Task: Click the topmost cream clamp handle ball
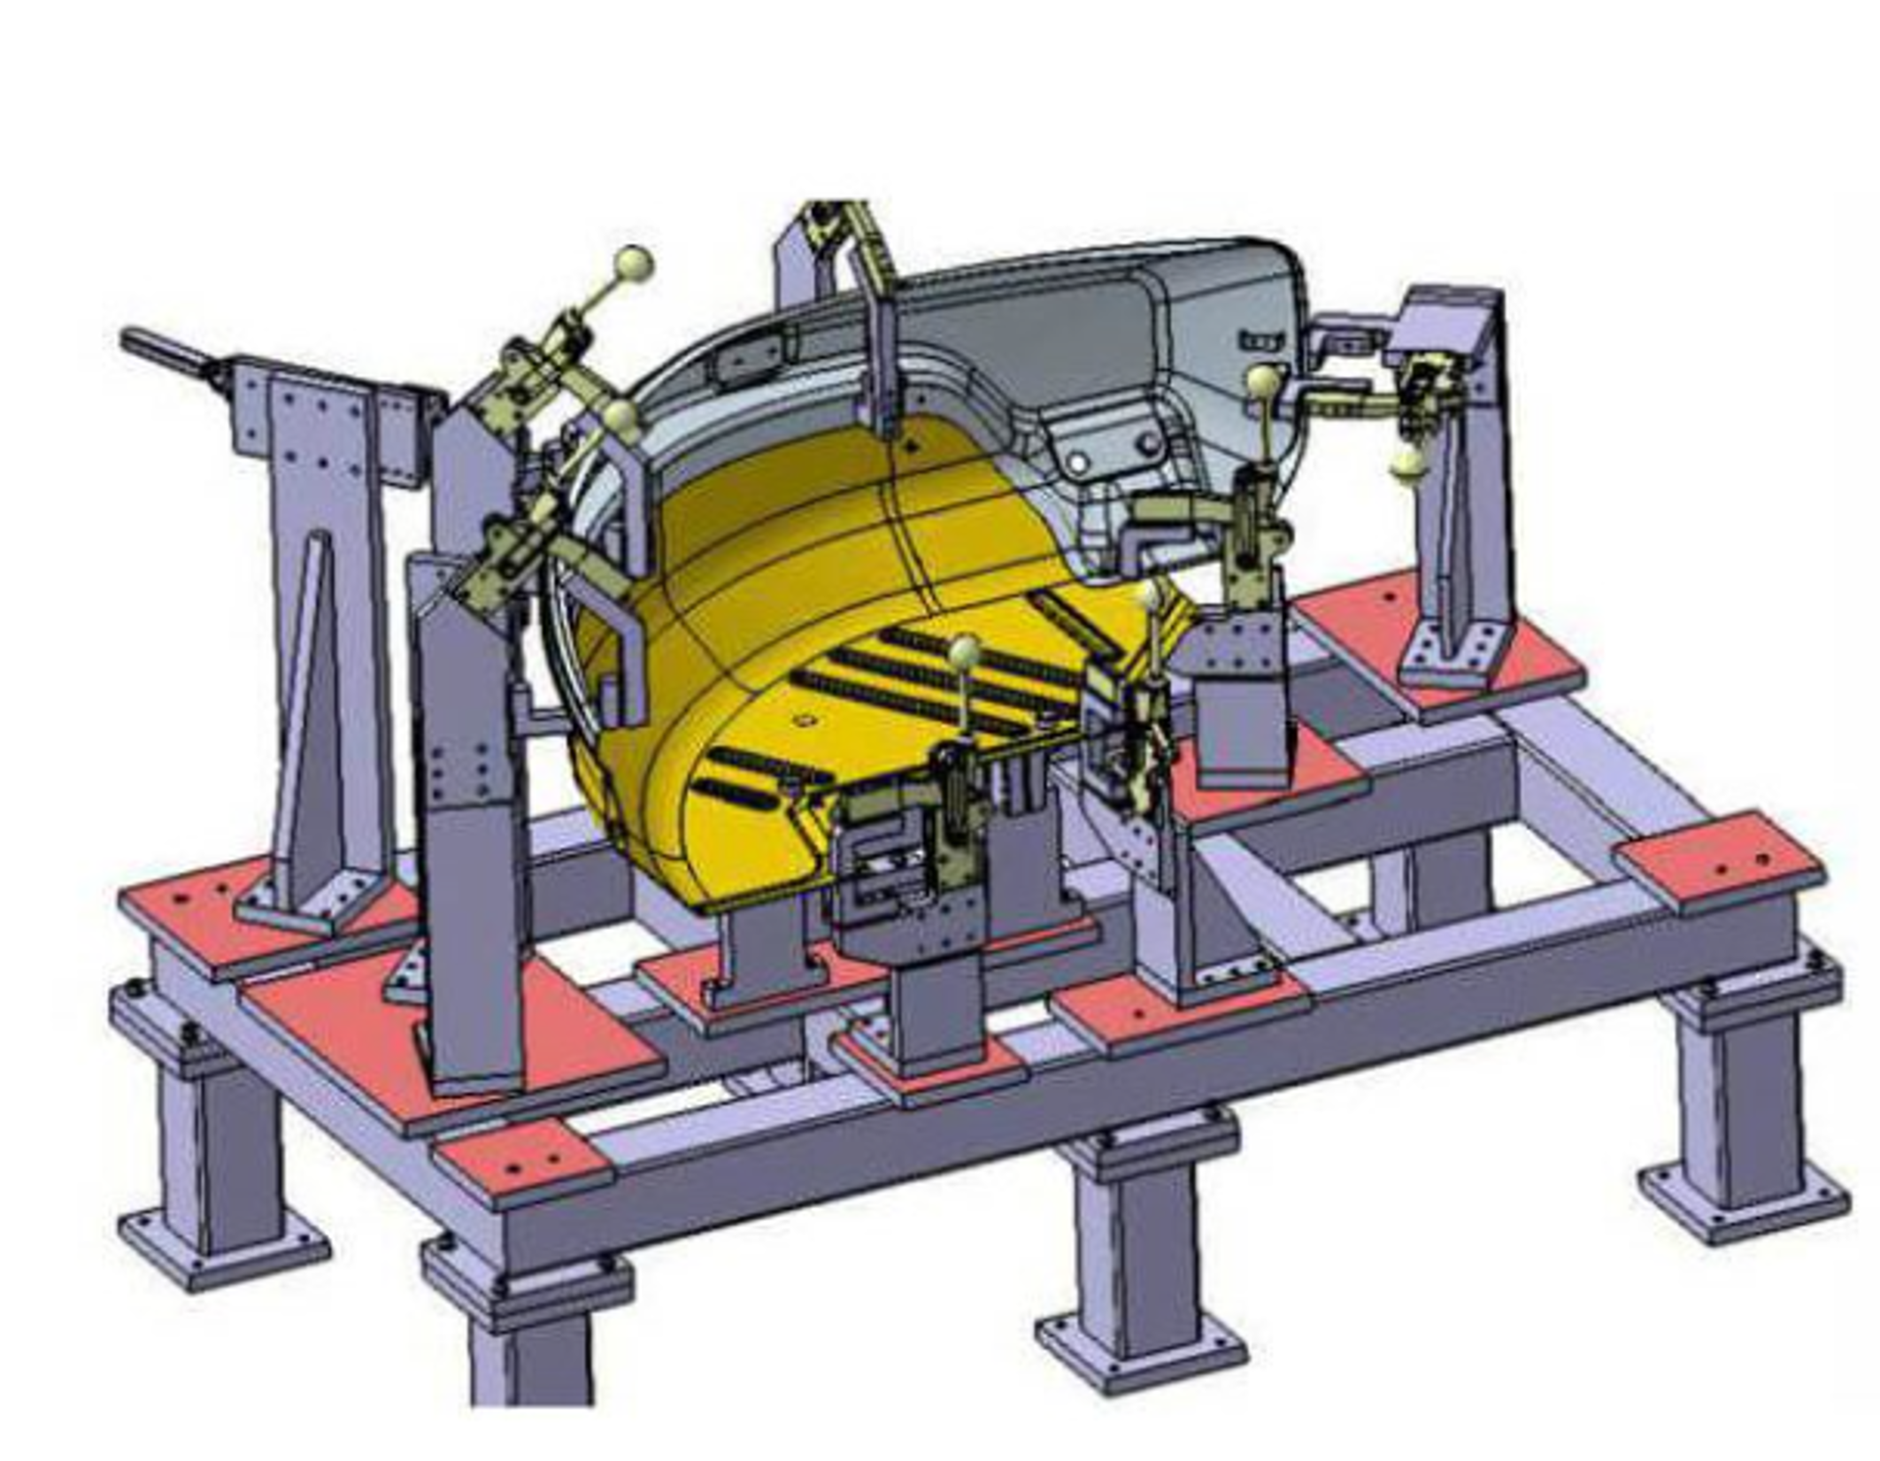(x=634, y=262)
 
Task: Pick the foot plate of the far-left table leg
(x=223, y=1249)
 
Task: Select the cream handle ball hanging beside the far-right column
(x=1406, y=462)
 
